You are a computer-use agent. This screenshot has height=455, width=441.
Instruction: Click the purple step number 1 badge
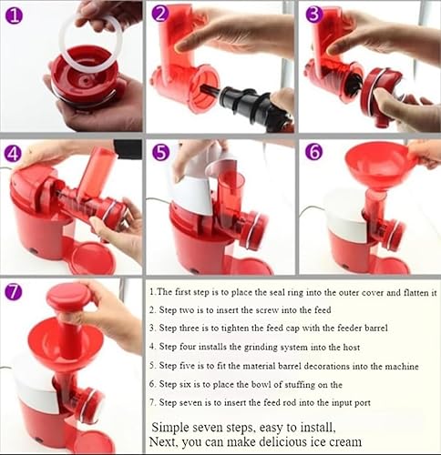pyautogui.click(x=14, y=16)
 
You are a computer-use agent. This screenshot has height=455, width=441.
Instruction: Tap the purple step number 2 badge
pyautogui.click(x=160, y=14)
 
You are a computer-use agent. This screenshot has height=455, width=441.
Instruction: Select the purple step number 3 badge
pyautogui.click(x=313, y=15)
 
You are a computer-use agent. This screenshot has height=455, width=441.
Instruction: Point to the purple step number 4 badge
pyautogui.click(x=13, y=155)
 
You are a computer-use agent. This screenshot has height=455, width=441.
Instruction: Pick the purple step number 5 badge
pyautogui.click(x=161, y=152)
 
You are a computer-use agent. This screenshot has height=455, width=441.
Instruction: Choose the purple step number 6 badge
pyautogui.click(x=314, y=152)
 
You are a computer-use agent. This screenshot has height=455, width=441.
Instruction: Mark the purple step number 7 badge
pyautogui.click(x=14, y=291)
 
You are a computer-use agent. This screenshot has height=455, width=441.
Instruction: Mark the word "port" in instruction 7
pyautogui.click(x=363, y=403)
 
